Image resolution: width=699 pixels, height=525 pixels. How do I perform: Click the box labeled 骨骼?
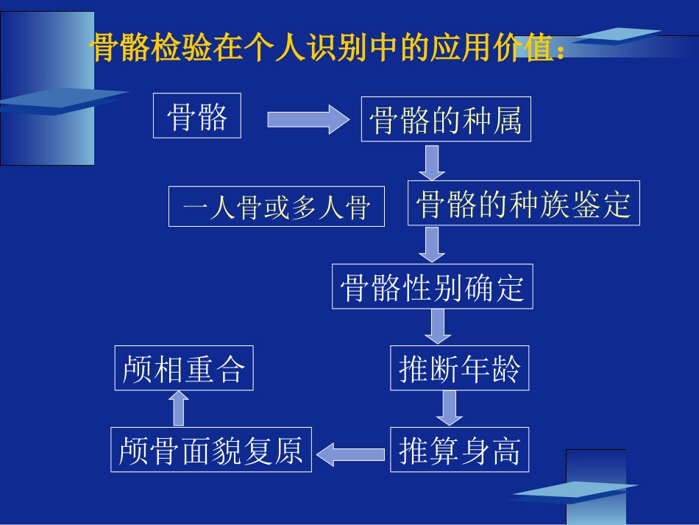click(196, 116)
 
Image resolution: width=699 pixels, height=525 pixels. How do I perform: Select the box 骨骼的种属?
click(445, 119)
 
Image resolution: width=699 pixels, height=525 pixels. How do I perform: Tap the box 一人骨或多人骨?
click(277, 206)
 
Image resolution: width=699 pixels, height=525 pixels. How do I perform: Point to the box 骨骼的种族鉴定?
click(523, 203)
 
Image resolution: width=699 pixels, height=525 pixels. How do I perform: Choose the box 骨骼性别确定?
click(432, 286)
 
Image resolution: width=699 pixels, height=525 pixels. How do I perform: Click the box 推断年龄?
click(459, 368)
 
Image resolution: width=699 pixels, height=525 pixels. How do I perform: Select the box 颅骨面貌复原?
click(210, 449)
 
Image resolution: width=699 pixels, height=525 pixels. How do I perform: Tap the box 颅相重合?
click(184, 368)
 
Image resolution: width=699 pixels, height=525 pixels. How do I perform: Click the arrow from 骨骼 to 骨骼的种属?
click(308, 119)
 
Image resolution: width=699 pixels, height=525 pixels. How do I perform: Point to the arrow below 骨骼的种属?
click(433, 162)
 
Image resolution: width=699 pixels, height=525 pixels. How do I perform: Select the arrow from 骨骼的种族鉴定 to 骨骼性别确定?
click(433, 244)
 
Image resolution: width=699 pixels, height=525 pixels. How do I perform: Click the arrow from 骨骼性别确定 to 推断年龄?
click(438, 326)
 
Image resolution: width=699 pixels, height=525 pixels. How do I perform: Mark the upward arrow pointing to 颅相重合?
click(179, 408)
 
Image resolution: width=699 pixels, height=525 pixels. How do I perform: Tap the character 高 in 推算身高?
click(507, 450)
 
